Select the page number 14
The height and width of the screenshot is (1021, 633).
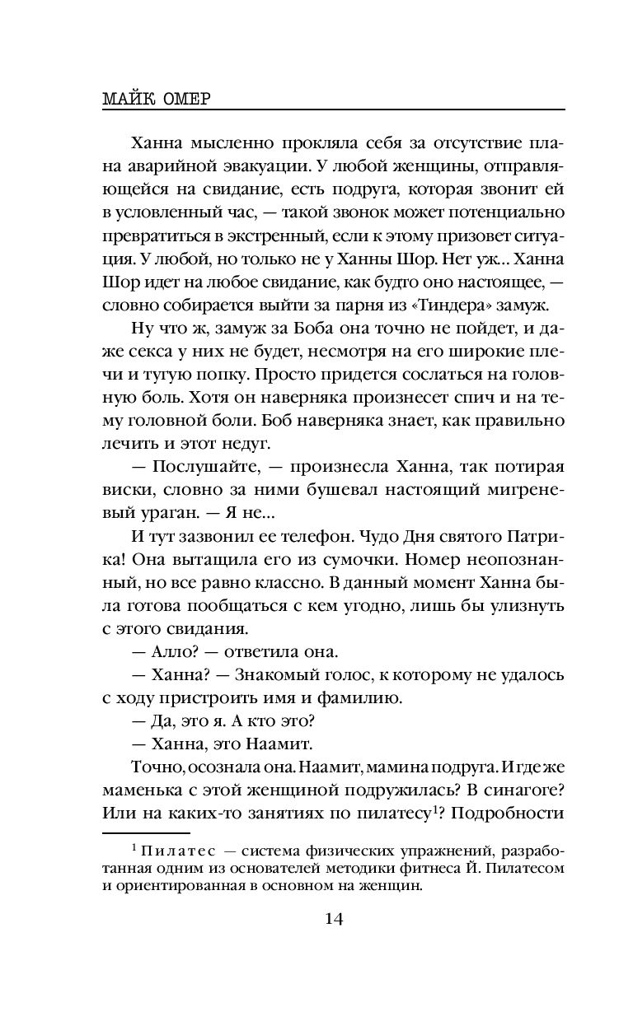click(x=334, y=919)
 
